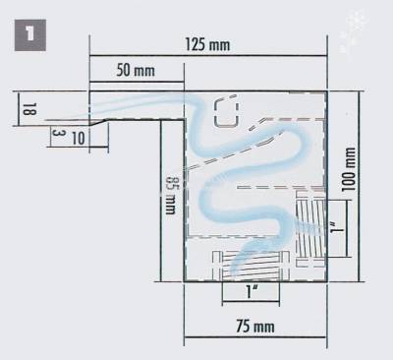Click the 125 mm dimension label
[x=207, y=44]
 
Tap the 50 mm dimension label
[x=136, y=71]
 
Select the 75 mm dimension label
[x=255, y=327]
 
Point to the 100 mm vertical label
[x=349, y=169]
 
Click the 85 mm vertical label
[x=171, y=196]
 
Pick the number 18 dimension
[x=29, y=109]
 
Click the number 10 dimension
[x=79, y=139]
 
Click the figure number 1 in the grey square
[x=30, y=35]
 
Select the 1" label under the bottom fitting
[x=251, y=291]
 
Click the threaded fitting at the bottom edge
[x=252, y=266]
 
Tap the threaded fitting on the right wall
[x=310, y=228]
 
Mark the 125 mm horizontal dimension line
[x=208, y=56]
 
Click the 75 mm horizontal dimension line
[x=255, y=336]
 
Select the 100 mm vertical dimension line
[x=359, y=186]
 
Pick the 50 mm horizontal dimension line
[x=137, y=82]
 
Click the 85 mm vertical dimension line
[x=161, y=201]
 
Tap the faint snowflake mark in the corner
[x=353, y=30]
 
